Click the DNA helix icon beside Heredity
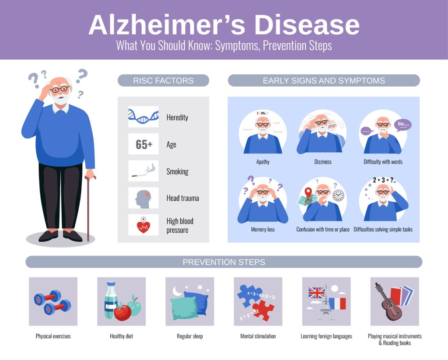(x=143, y=117)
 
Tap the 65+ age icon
(x=143, y=144)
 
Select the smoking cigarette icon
(x=143, y=171)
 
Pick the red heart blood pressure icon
(x=143, y=225)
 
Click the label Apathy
(x=263, y=162)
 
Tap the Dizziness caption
(x=323, y=162)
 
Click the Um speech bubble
(x=403, y=125)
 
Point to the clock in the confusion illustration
(x=338, y=196)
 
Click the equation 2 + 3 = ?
(x=384, y=180)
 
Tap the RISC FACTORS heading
(x=164, y=80)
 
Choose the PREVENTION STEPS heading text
(x=224, y=262)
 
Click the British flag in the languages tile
(x=317, y=293)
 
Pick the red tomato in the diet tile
(x=122, y=312)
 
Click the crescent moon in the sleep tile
(x=177, y=291)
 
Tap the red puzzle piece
(x=263, y=310)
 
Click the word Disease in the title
(x=307, y=24)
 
